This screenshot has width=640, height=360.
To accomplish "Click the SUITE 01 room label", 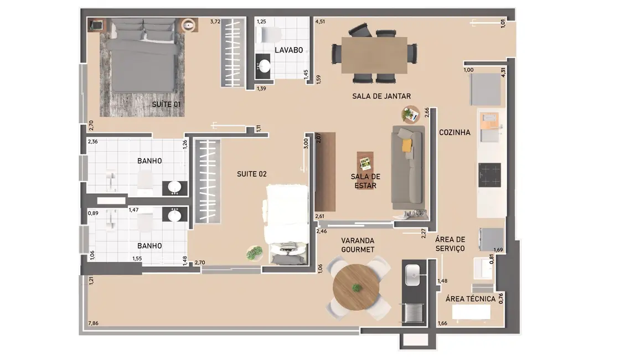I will click(166, 104).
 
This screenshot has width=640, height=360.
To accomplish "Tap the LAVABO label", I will click(288, 50).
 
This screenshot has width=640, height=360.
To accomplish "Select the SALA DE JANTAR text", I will click(381, 96).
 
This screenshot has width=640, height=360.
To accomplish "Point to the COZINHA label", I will click(455, 132).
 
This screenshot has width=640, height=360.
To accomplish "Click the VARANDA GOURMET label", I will click(358, 245).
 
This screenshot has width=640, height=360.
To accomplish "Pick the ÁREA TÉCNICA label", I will click(471, 299).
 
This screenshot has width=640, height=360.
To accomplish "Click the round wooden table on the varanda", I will click(357, 288).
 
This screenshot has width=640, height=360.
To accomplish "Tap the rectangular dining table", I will click(374, 55).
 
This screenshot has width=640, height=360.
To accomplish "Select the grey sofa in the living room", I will click(408, 167).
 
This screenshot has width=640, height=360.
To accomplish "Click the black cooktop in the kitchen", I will click(489, 174).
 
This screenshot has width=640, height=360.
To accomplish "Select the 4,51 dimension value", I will click(320, 22).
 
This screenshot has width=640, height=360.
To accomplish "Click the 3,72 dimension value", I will click(215, 22).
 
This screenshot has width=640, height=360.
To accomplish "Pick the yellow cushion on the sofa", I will click(407, 145).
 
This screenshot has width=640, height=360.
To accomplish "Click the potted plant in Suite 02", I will click(254, 253).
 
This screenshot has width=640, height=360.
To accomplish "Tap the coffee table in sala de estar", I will click(365, 164).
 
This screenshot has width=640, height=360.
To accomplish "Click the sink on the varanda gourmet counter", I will click(414, 274).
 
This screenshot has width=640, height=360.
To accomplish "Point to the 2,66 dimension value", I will click(427, 113).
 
